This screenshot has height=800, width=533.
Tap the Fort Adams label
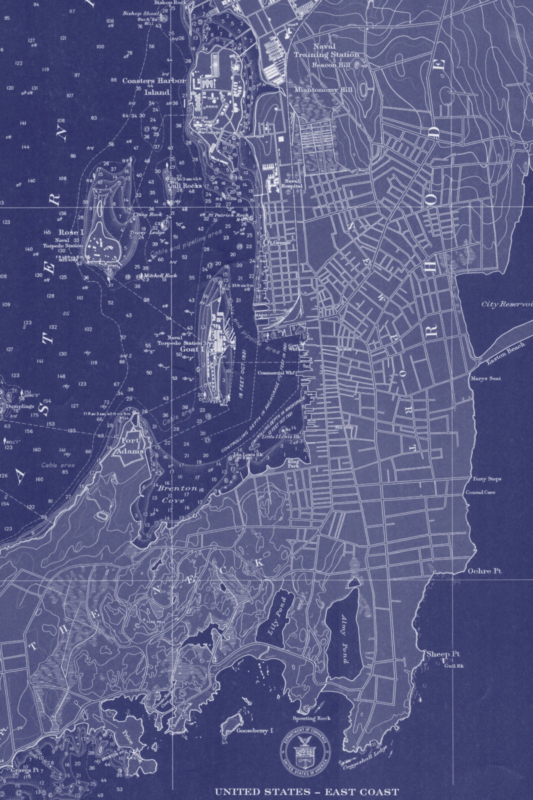click(x=130, y=446)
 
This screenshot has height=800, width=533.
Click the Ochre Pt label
click(x=484, y=571)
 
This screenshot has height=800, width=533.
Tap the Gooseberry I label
click(x=255, y=730)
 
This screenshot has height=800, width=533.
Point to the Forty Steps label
click(x=487, y=479)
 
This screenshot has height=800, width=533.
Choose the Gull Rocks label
click(x=185, y=186)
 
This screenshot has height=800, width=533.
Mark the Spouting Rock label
click(x=311, y=718)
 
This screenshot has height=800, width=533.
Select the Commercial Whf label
click(x=275, y=373)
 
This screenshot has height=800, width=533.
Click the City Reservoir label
click(x=506, y=304)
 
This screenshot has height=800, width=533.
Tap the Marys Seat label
click(x=485, y=378)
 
